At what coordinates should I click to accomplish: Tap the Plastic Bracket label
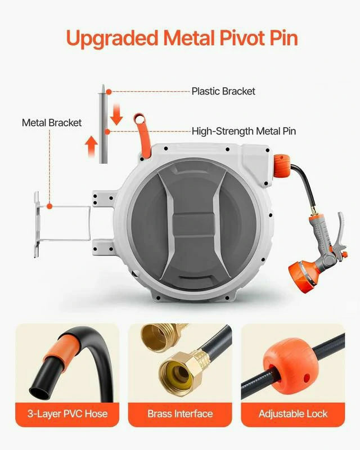click(223, 91)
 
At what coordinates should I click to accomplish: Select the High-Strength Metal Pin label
click(244, 131)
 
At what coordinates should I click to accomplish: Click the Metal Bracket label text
click(52, 123)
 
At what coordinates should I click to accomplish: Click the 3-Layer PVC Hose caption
click(67, 414)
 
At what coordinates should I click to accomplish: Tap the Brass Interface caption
click(179, 414)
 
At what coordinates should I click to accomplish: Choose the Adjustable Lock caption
click(292, 414)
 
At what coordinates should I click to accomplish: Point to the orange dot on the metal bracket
click(49, 206)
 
